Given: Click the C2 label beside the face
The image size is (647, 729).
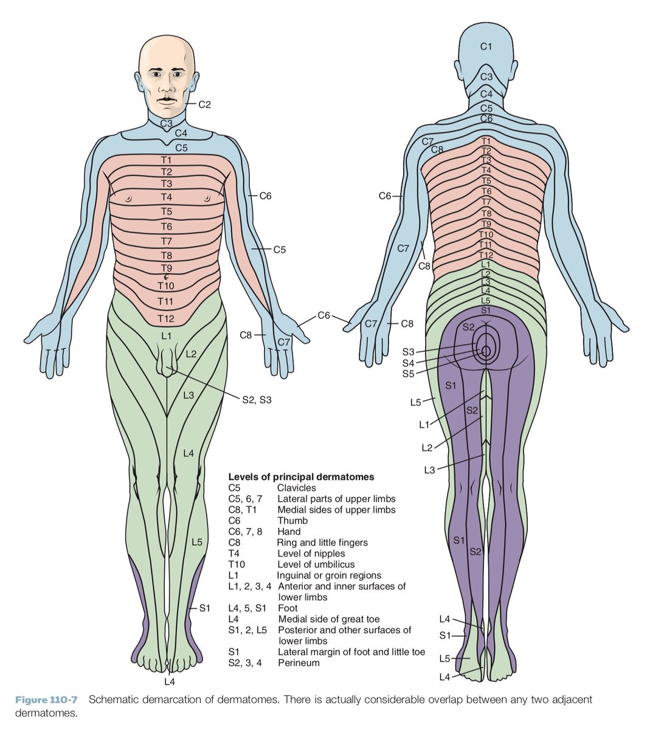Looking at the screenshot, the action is click(204, 104).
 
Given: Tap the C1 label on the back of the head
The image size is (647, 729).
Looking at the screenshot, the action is click(486, 46).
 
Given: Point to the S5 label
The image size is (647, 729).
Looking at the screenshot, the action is click(408, 374).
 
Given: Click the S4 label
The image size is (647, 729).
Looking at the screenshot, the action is click(408, 363).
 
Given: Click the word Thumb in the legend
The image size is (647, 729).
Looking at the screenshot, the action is click(292, 521).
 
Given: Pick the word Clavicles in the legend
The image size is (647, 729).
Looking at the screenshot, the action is click(297, 488).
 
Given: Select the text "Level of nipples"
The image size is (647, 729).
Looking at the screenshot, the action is click(311, 553).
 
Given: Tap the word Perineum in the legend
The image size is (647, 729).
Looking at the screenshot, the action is click(299, 663).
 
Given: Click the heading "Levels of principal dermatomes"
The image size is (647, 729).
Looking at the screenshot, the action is click(301, 477).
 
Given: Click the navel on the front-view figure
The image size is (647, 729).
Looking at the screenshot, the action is click(166, 276).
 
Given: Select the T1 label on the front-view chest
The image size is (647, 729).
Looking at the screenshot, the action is click(166, 160).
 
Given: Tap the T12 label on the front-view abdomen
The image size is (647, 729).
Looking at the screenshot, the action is click(166, 318).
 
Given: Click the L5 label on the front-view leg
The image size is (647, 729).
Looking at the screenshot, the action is click(196, 542).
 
